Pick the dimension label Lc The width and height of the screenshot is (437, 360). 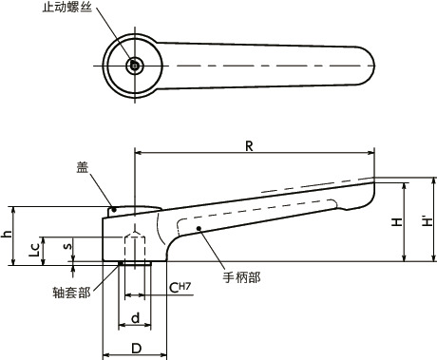coord(32,249)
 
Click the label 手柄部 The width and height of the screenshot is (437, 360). coord(241,277)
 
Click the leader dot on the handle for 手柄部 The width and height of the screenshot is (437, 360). coord(198,229)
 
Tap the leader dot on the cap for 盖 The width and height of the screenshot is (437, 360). coord(113,209)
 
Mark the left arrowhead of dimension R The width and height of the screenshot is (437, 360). coord(140,152)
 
